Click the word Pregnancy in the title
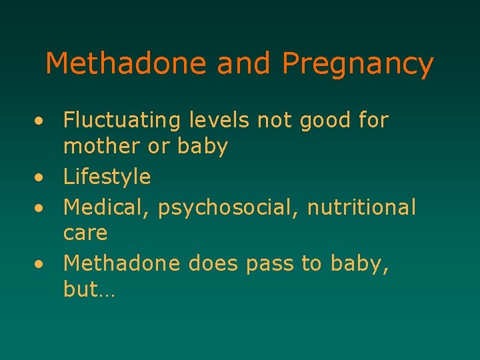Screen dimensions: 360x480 (357, 65)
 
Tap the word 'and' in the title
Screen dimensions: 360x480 (243, 64)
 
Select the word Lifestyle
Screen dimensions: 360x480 (107, 177)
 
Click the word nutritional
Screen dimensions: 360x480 (361, 207)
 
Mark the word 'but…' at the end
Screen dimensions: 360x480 (89, 291)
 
